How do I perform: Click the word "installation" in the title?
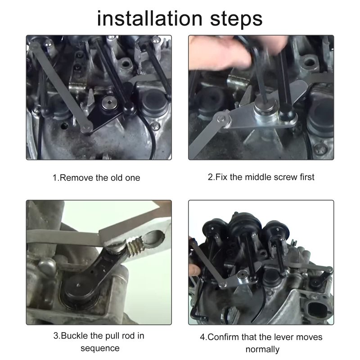click(x=149, y=18)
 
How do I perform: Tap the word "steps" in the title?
click(x=236, y=19)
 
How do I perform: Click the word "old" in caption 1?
click(x=117, y=178)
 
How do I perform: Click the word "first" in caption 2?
click(x=307, y=177)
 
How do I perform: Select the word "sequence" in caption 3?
click(x=100, y=349)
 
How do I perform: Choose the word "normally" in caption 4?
click(x=262, y=350)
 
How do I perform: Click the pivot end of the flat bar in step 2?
click(x=222, y=119)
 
